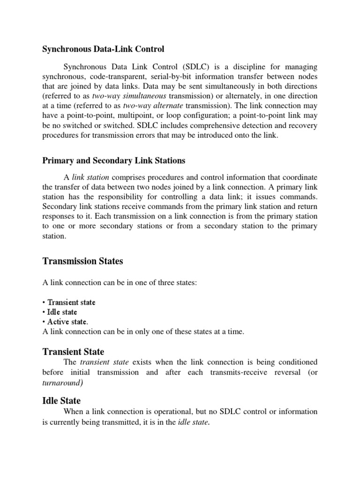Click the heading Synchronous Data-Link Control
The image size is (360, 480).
(104, 48)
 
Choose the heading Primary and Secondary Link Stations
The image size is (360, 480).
(114, 161)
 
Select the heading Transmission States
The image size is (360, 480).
(83, 261)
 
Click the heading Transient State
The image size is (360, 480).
(74, 352)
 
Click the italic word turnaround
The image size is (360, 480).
(62, 382)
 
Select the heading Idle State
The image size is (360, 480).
(61, 401)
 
